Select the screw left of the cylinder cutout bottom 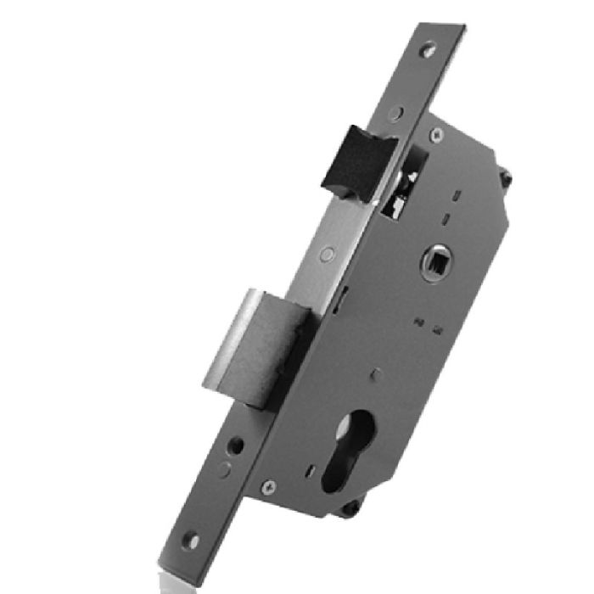270,486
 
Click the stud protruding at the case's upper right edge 506,178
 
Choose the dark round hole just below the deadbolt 237,445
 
